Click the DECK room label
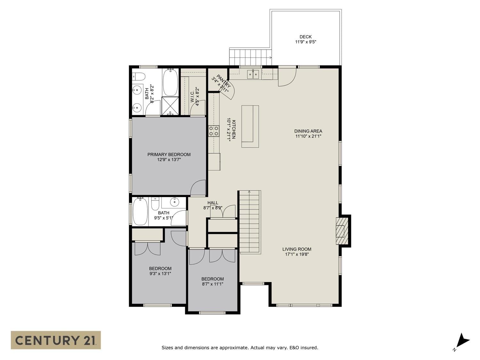click(x=306, y=37)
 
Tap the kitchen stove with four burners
click(x=214, y=131)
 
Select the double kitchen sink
click(x=253, y=74)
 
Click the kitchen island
click(x=250, y=126)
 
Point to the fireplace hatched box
click(x=342, y=231)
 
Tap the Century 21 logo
click(x=56, y=340)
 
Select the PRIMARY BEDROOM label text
click(x=169, y=155)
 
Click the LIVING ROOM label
click(x=297, y=249)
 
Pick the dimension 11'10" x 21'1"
click(x=308, y=136)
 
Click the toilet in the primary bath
click(x=139, y=76)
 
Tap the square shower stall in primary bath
click(x=170, y=106)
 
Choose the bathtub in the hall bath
click(x=140, y=211)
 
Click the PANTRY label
click(x=223, y=81)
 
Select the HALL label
click(x=213, y=203)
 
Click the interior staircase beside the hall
click(x=250, y=222)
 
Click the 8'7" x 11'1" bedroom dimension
click(x=212, y=284)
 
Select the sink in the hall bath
click(x=174, y=202)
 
